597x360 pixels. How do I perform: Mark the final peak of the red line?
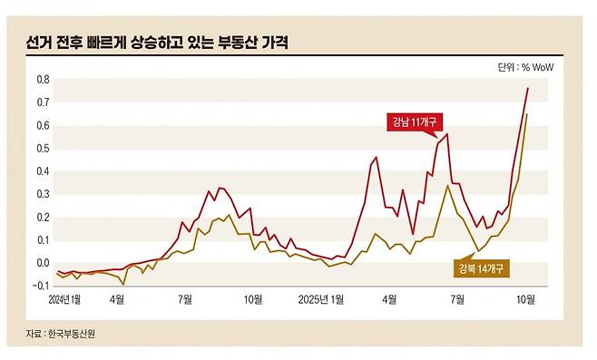pyautogui.click(x=528, y=88)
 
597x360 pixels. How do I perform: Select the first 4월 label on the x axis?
pyautogui.click(x=116, y=297)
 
